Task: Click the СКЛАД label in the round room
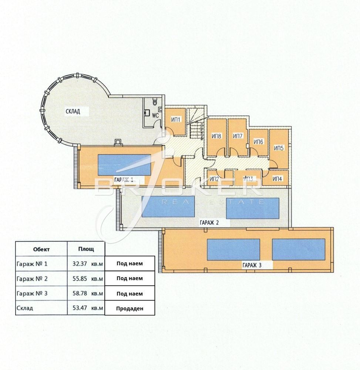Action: coord(73,111)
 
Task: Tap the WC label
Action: coord(155,115)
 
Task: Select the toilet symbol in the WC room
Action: coord(155,101)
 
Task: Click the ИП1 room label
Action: coord(175,120)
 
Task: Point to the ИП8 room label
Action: coord(216,136)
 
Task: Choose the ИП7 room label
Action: coord(237,136)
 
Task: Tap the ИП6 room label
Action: coord(258,142)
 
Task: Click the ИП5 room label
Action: coord(279,148)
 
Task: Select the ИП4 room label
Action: coord(277,179)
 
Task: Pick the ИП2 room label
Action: coord(214,179)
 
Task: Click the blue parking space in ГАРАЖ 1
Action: coord(124,165)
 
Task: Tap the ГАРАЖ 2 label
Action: coord(209,222)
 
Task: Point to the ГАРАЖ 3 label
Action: coord(252,265)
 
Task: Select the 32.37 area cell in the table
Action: coord(80,263)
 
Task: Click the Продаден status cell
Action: coord(130,309)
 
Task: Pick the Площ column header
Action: coord(86,249)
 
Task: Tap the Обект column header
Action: coord(41,249)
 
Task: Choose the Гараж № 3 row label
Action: coord(32,293)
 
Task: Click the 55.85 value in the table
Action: coord(80,279)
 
